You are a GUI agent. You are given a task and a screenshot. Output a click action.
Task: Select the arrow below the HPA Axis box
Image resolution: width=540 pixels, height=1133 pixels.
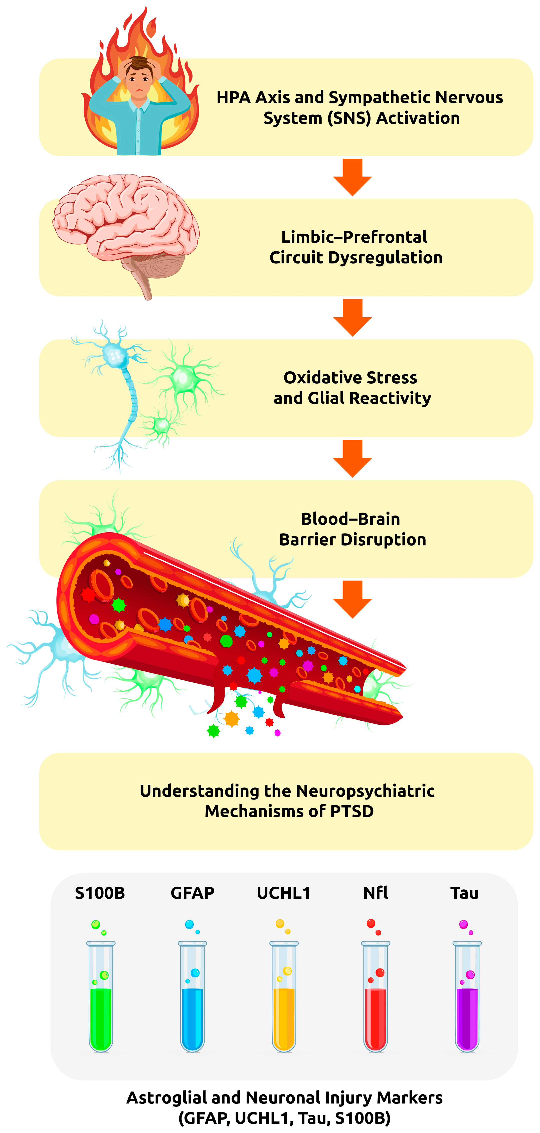[352, 177]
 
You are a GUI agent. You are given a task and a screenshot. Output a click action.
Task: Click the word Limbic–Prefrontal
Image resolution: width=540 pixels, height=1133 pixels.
[354, 237]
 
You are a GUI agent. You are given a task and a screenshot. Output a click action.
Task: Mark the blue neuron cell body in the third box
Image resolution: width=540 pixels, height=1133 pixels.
[115, 355]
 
